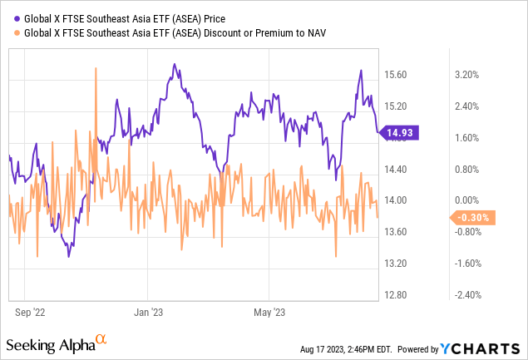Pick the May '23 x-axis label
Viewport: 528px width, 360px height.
tap(269, 313)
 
